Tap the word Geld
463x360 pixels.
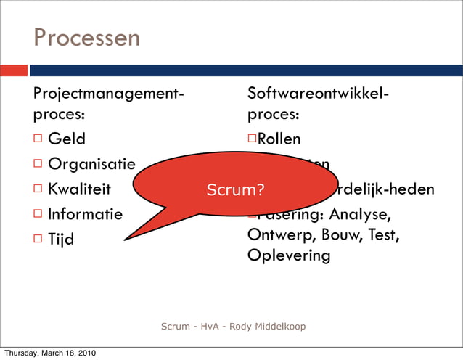point(67,139)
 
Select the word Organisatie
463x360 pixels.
point(91,164)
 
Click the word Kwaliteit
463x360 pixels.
point(79,189)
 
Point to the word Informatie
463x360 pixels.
point(85,215)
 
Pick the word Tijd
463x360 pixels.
point(61,240)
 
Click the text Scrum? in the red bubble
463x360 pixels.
point(235,190)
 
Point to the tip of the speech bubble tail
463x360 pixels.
point(125,239)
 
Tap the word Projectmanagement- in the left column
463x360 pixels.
point(108,94)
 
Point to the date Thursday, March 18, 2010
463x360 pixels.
point(49,353)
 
